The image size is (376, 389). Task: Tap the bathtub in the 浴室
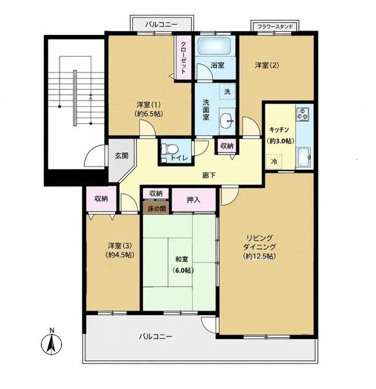tap(214, 45)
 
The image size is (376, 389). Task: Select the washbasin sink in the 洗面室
tap(227, 121)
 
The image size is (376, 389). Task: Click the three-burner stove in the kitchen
tap(303, 114)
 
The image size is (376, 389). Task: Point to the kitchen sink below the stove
tap(304, 157)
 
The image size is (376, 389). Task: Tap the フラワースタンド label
tap(275, 27)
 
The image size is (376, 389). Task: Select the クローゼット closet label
tap(183, 58)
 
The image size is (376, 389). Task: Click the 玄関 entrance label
tap(122, 156)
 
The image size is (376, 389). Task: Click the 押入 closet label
tap(194, 200)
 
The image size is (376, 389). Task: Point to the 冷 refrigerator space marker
tap(274, 161)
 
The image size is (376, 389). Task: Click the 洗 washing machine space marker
tap(227, 91)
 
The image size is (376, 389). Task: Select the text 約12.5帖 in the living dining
tap(260, 256)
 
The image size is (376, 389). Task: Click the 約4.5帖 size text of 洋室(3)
tap(120, 255)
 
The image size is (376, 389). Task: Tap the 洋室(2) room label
tap(267, 65)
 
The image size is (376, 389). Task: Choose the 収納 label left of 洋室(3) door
tap(102, 198)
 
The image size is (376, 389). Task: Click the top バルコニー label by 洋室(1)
tap(161, 25)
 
